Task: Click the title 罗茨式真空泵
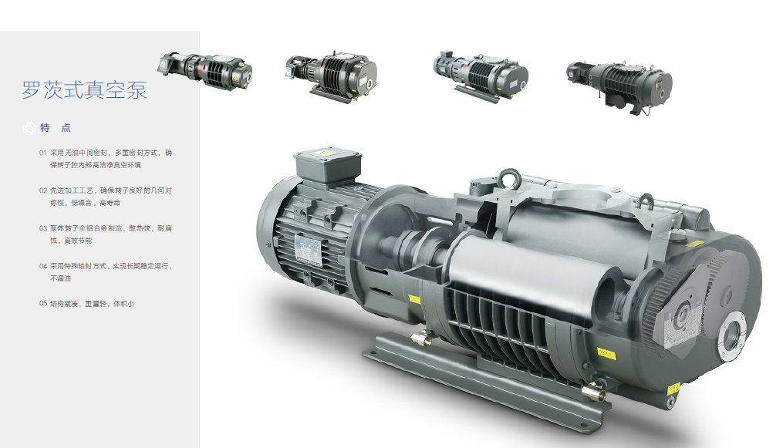84,89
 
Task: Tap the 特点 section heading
56,128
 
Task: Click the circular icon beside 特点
29,129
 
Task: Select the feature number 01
43,153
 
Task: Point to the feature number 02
43,190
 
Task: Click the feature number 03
43,228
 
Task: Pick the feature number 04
43,266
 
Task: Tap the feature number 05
43,304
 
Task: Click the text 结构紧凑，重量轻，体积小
92,304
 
